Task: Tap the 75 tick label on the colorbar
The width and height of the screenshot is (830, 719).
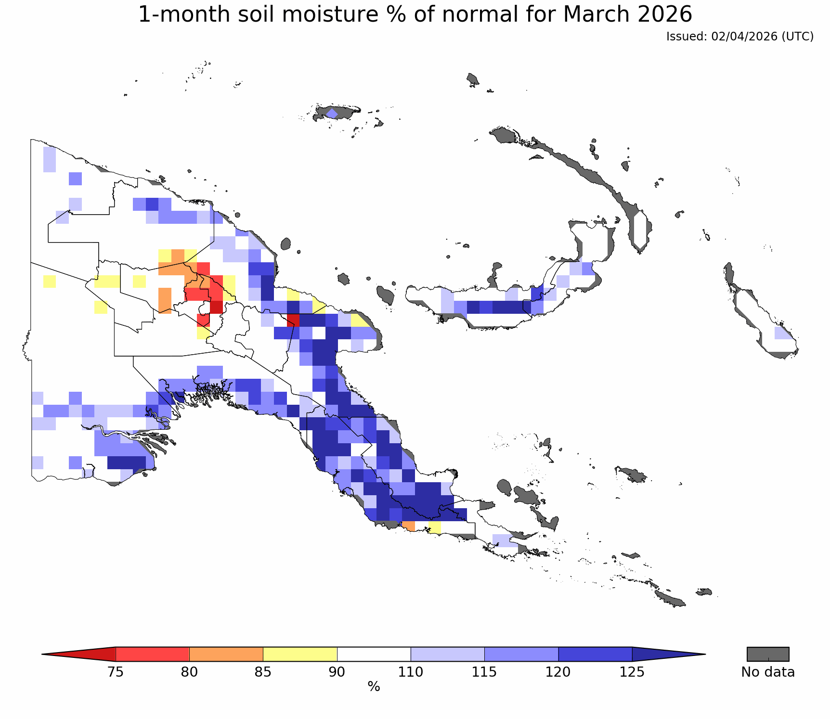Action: click(x=116, y=672)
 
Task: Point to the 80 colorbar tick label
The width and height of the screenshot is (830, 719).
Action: click(x=189, y=672)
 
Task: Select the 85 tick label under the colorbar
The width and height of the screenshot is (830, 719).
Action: click(x=263, y=672)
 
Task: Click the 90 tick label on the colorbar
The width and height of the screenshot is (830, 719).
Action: click(x=337, y=672)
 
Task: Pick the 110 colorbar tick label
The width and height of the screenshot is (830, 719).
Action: click(x=411, y=672)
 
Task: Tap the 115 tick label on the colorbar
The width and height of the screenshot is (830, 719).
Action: click(x=484, y=672)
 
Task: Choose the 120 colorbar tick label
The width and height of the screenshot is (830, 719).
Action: click(x=558, y=672)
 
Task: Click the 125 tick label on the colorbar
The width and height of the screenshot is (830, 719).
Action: click(x=632, y=672)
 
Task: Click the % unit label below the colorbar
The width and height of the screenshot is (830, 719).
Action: click(x=374, y=687)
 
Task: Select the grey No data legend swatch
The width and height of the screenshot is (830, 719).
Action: click(x=768, y=654)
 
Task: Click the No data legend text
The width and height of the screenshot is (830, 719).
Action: click(x=768, y=672)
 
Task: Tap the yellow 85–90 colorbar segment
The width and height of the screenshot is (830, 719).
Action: click(x=300, y=654)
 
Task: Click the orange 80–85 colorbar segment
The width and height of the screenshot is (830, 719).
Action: click(x=226, y=654)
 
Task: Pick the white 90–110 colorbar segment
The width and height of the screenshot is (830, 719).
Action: click(x=374, y=654)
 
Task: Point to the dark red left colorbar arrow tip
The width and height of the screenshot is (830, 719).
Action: click(x=42, y=654)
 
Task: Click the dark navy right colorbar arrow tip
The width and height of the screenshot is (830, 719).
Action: click(x=705, y=654)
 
